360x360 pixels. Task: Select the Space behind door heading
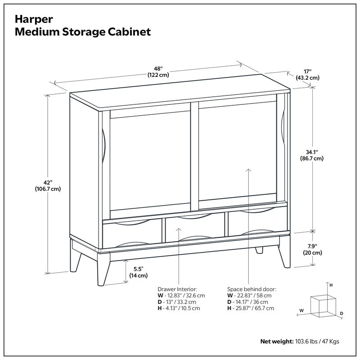pos(252,289)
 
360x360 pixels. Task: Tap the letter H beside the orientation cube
pos(331,285)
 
